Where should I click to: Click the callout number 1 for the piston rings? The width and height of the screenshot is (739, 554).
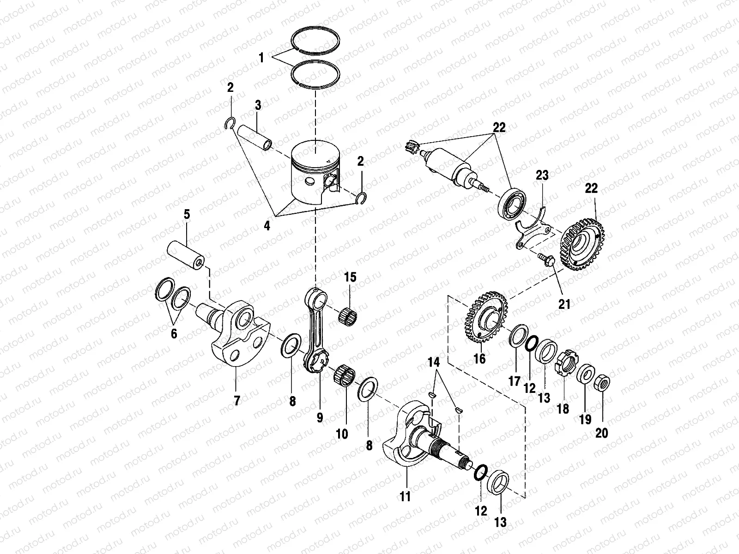click(261, 58)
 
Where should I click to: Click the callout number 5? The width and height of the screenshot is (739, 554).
click(187, 214)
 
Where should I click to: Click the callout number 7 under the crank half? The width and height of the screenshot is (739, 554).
click(237, 401)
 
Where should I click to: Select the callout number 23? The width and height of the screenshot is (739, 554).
click(542, 176)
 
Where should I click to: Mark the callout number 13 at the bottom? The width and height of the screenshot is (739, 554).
click(500, 522)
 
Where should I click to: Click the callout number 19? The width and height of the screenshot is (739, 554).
click(585, 419)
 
